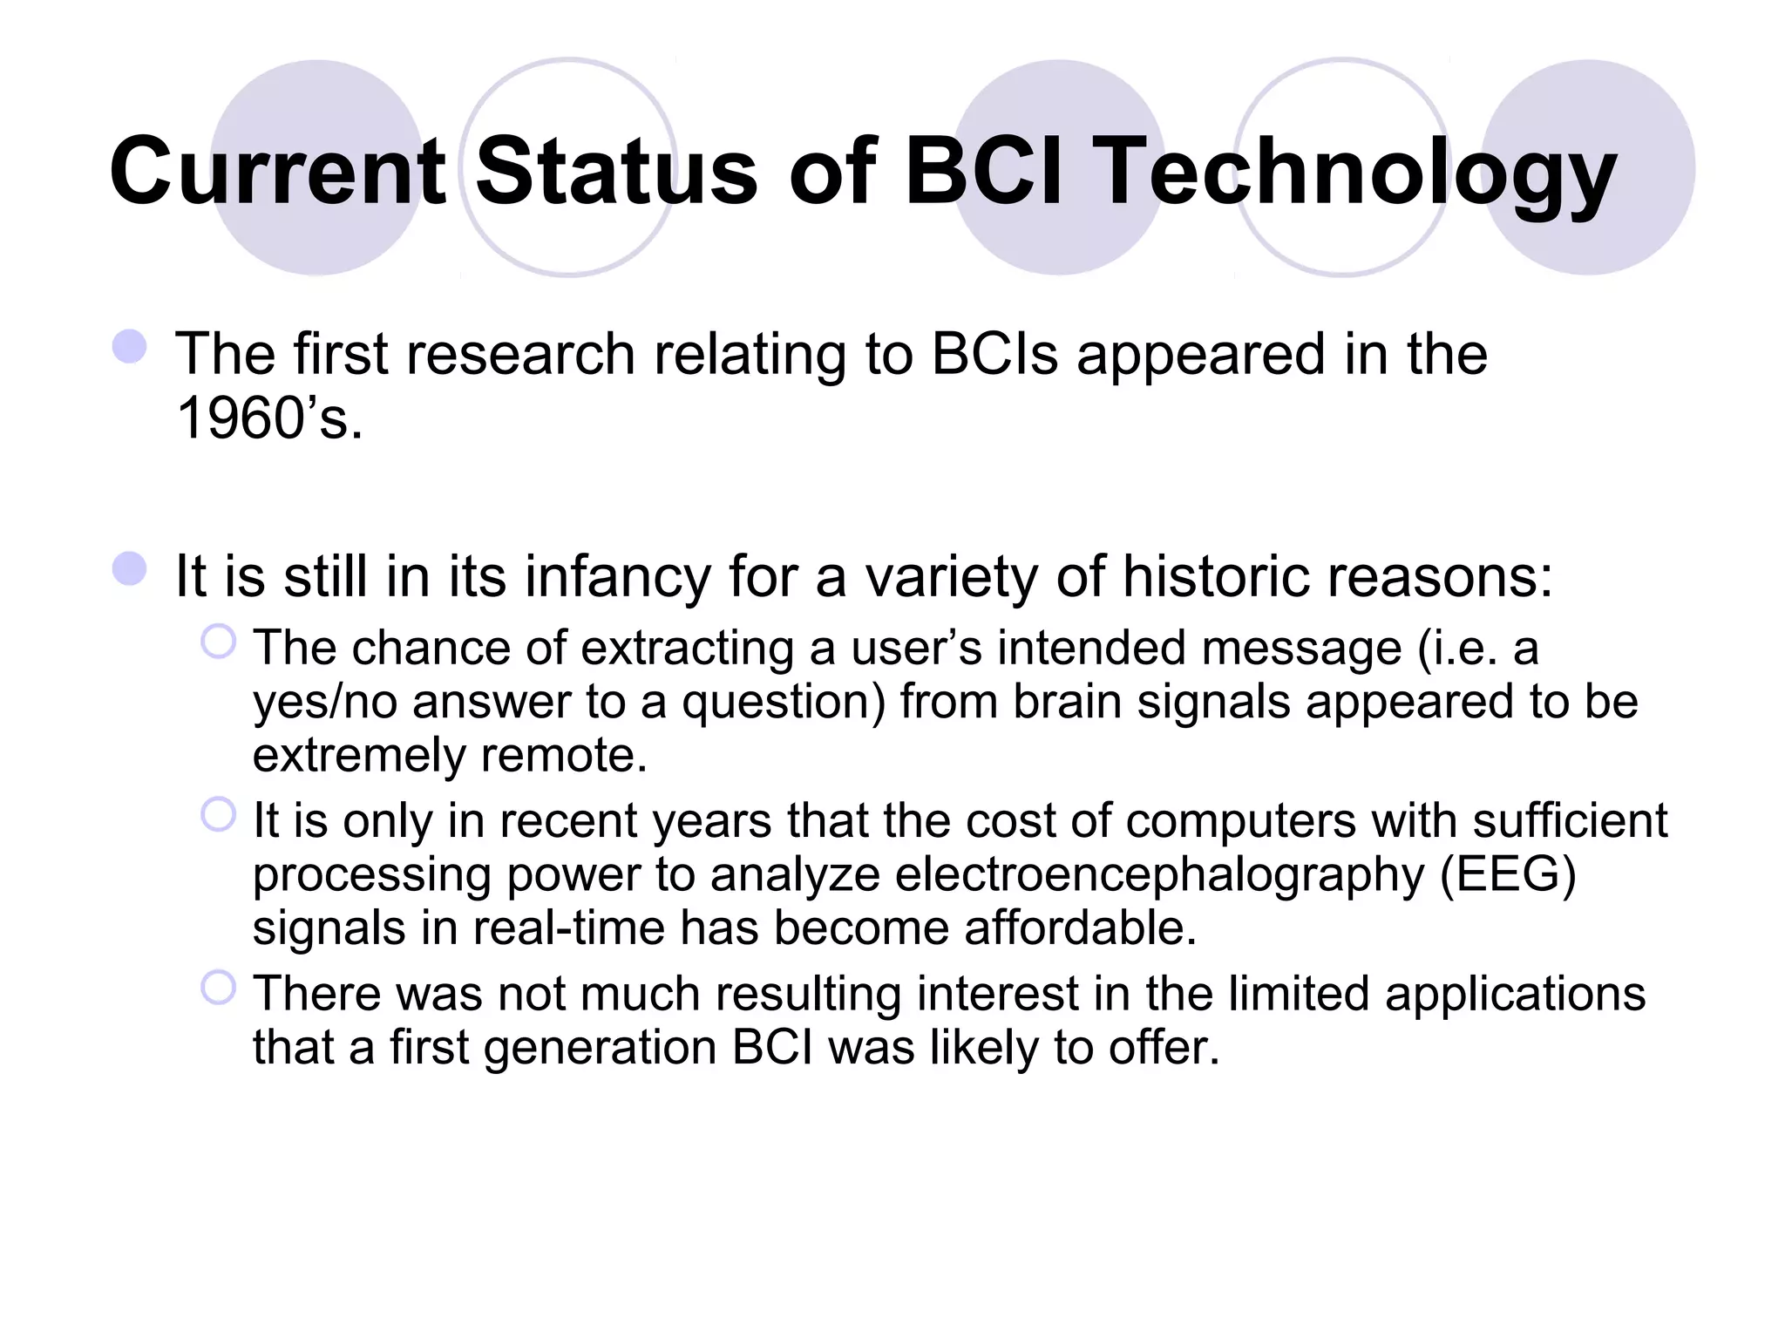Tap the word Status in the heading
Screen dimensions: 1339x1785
click(x=616, y=172)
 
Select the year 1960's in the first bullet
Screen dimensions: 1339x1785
click(x=268, y=418)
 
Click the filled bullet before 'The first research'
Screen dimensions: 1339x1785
click(x=130, y=346)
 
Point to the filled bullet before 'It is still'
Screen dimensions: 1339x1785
click(x=130, y=568)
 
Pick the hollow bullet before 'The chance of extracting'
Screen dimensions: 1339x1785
click(x=218, y=642)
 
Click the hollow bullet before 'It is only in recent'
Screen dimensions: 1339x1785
click(x=218, y=815)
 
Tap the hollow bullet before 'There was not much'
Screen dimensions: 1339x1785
click(x=218, y=988)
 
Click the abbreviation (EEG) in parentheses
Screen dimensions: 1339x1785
click(x=1508, y=874)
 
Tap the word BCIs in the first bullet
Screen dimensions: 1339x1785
click(x=994, y=355)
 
